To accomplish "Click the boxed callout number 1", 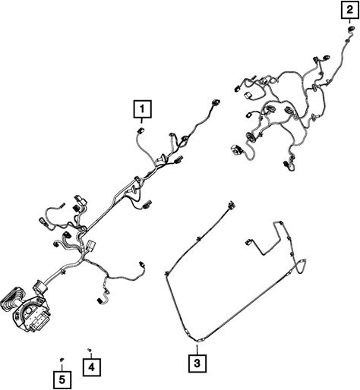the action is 142,109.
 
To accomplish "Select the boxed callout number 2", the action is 349,10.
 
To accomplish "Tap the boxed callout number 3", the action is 197,363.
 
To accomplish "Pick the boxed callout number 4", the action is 92,367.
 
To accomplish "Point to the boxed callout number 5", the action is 62,379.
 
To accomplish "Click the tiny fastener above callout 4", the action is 89,350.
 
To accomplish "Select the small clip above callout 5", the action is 62,360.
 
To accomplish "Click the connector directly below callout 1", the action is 140,131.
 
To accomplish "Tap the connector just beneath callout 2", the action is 350,29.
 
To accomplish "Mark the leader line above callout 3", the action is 197,349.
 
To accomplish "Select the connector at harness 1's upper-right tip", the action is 216,103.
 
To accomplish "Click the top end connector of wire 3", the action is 231,205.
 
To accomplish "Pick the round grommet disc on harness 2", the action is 251,137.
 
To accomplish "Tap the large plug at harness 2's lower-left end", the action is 237,149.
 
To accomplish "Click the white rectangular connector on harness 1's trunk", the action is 90,245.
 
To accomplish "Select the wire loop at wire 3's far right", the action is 302,266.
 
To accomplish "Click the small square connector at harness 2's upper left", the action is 247,96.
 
